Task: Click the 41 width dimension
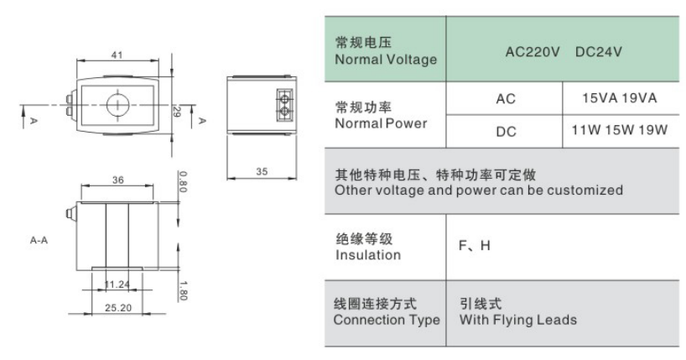tap(117, 55)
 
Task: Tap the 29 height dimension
tap(177, 112)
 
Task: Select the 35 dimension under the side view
tap(262, 172)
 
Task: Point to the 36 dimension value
tap(117, 180)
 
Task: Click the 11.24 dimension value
tap(117, 284)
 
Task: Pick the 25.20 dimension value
tap(118, 308)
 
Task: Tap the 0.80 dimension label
tap(183, 181)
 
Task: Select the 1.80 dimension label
tap(184, 291)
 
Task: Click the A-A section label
tap(39, 240)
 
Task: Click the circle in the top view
tap(118, 105)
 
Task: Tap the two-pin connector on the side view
tap(284, 105)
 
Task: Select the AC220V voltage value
tap(533, 52)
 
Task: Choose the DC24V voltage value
tap(599, 52)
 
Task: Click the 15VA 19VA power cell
tap(620, 98)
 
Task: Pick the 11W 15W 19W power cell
tap(620, 130)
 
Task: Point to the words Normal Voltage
tap(386, 60)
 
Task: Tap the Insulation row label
tap(368, 255)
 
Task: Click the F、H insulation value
tap(475, 245)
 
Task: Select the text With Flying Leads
tap(518, 320)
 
